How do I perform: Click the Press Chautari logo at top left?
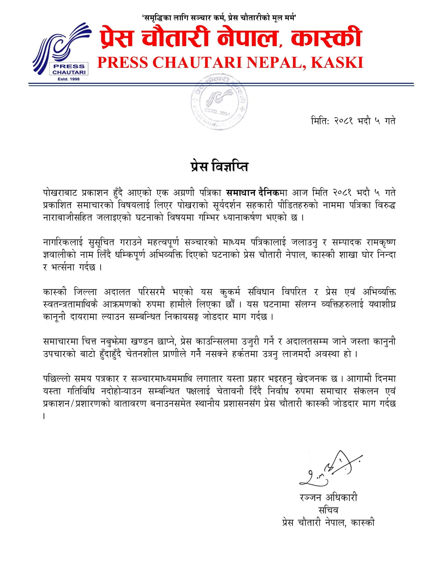[x=62, y=50]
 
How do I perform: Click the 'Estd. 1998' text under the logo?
[x=68, y=79]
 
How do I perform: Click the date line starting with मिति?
[x=353, y=121]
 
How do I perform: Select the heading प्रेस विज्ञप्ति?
[x=219, y=167]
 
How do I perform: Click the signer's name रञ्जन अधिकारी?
[x=328, y=498]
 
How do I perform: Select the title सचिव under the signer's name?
[x=328, y=510]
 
